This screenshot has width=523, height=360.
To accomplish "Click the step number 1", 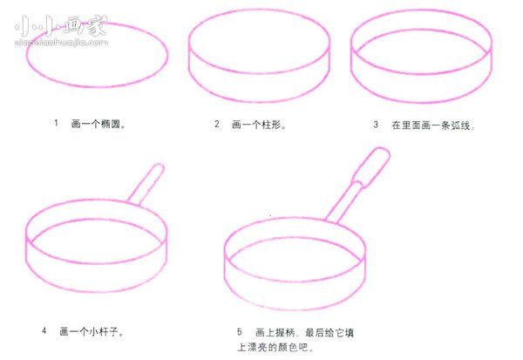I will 56,124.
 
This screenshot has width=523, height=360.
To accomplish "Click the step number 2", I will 217,124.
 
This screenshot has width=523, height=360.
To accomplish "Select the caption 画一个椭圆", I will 99,125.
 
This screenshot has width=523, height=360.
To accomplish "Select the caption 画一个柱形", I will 260,125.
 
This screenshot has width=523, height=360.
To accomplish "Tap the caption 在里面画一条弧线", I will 433,125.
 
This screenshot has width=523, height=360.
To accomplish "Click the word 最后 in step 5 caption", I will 314,332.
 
